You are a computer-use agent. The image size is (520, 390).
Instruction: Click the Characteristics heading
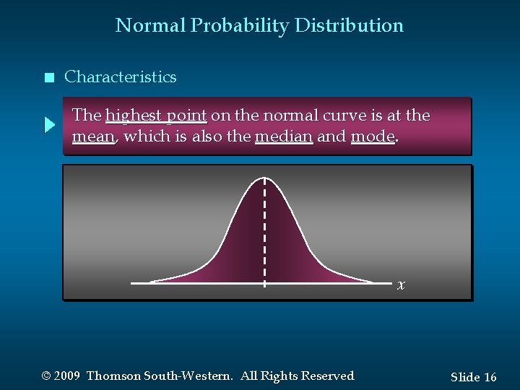point(120,77)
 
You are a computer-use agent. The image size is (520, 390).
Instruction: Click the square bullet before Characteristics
point(48,78)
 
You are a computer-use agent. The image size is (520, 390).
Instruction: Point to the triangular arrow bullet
point(49,126)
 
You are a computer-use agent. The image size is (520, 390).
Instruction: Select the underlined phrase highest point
point(156,116)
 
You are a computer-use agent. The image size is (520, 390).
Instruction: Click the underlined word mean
point(94,136)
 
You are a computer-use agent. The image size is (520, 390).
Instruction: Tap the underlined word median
point(283,136)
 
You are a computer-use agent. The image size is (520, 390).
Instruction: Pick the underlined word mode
point(372,136)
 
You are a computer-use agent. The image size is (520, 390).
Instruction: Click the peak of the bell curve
point(265,178)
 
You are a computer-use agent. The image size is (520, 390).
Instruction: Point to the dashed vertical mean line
point(265,231)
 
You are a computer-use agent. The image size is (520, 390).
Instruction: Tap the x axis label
point(401,285)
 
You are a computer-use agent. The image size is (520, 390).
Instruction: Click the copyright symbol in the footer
point(47,376)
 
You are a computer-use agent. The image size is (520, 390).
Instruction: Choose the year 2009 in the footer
point(66,376)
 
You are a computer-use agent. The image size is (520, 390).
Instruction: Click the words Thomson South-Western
point(160,376)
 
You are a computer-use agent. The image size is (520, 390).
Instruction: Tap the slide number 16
point(490,377)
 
